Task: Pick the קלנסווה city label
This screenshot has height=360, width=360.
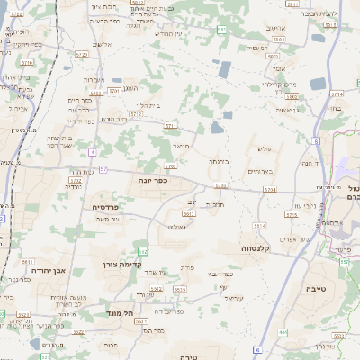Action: [x=258, y=247]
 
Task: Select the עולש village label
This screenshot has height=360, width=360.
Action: [x=264, y=148]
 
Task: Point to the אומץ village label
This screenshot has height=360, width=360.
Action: [x=279, y=68]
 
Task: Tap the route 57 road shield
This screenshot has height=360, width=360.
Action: [x=103, y=169]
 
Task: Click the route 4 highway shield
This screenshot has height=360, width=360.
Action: [x=92, y=151]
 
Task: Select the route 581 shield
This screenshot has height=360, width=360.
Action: [x=221, y=30]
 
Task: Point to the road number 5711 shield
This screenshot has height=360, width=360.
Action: [x=171, y=126]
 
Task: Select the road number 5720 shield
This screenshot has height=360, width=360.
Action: [x=82, y=55]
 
